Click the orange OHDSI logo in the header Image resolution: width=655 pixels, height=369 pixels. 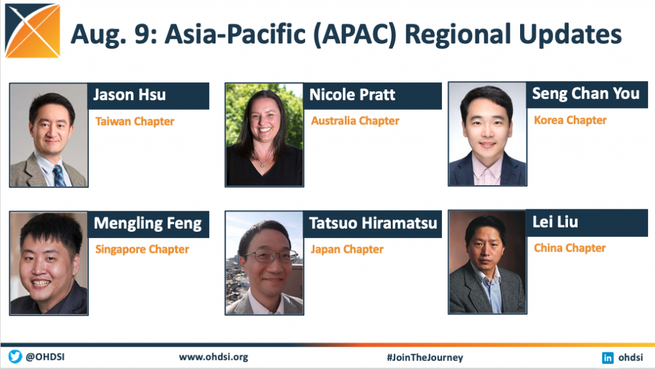tap(33, 31)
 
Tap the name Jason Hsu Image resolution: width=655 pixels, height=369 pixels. tap(129, 94)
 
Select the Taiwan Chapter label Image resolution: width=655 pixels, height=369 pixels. tap(134, 121)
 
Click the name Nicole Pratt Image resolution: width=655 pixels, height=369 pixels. tap(352, 94)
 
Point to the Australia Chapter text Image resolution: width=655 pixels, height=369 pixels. tap(355, 121)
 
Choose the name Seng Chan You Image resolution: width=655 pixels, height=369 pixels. tap(586, 93)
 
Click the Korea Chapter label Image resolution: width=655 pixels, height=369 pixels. tap(570, 120)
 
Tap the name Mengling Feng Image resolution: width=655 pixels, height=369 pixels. tap(148, 223)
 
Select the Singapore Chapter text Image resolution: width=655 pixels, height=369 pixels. tap(142, 250)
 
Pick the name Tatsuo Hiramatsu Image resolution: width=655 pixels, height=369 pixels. tap(373, 223)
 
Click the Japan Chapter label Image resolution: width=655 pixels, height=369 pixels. tap(347, 250)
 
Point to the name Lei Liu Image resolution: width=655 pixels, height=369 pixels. tap(555, 222)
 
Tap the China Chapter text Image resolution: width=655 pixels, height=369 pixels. tap(570, 248)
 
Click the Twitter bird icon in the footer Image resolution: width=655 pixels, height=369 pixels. tap(15, 357)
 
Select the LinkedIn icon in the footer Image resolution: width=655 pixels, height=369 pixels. tap(608, 358)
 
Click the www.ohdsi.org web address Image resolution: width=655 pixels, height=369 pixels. tap(214, 358)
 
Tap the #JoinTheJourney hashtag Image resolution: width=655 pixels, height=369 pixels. tap(425, 358)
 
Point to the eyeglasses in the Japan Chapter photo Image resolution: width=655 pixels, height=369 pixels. tap(271, 255)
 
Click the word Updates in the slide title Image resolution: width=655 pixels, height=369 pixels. tap(570, 34)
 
